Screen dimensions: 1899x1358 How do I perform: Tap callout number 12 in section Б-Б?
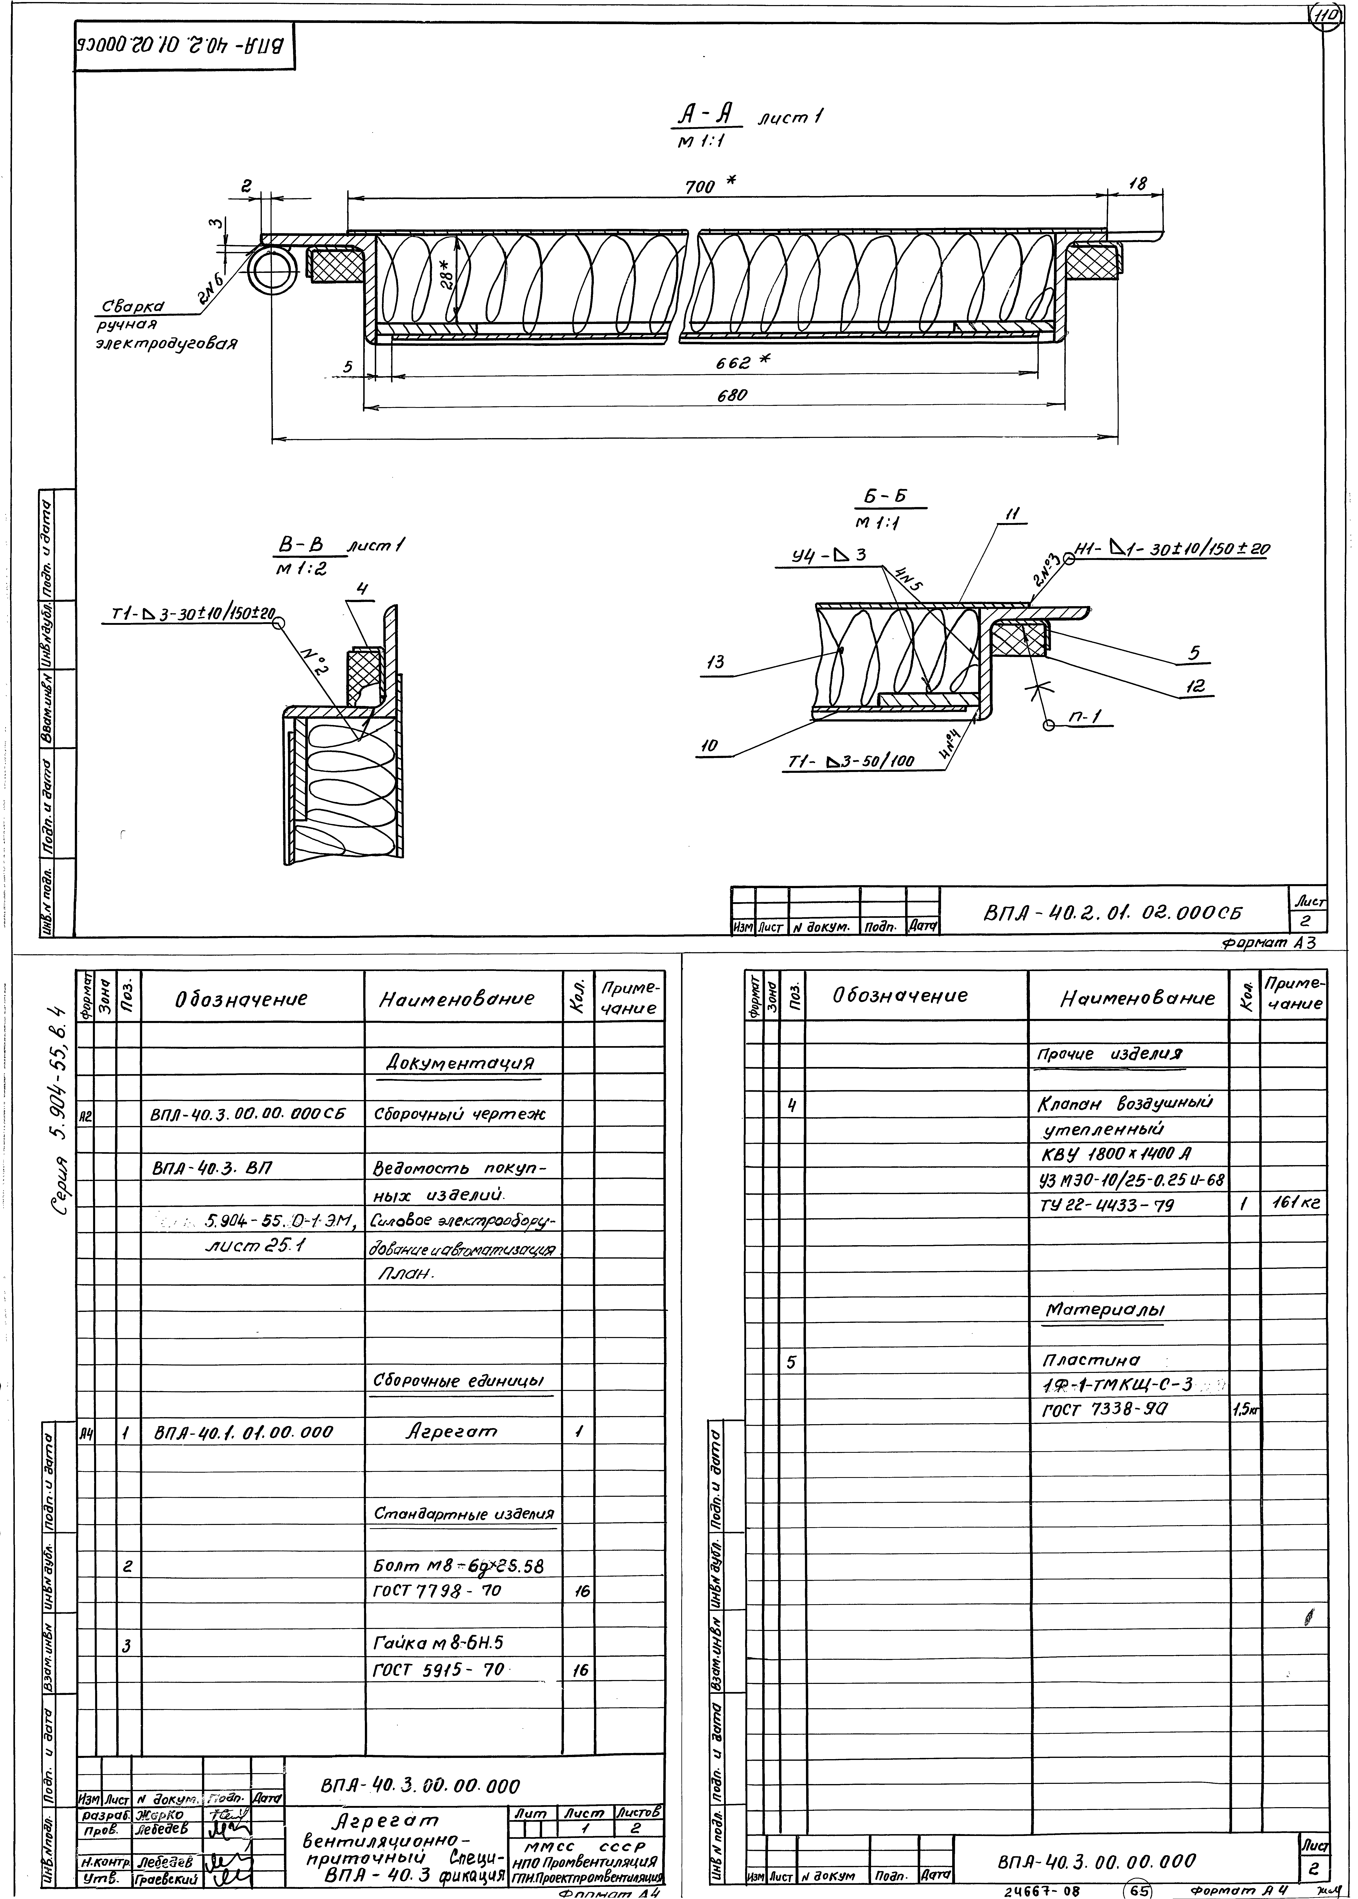click(x=1196, y=686)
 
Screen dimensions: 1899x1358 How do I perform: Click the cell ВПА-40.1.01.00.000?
click(x=243, y=1432)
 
